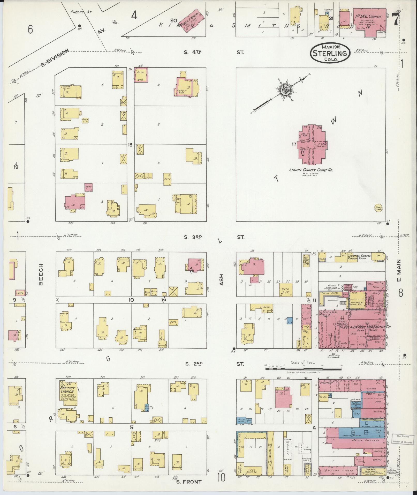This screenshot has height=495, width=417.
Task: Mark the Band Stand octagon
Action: point(378,208)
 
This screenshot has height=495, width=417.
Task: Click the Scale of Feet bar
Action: point(303,368)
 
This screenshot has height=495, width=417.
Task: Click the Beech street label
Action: point(41,274)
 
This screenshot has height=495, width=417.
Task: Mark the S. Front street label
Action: point(188,482)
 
